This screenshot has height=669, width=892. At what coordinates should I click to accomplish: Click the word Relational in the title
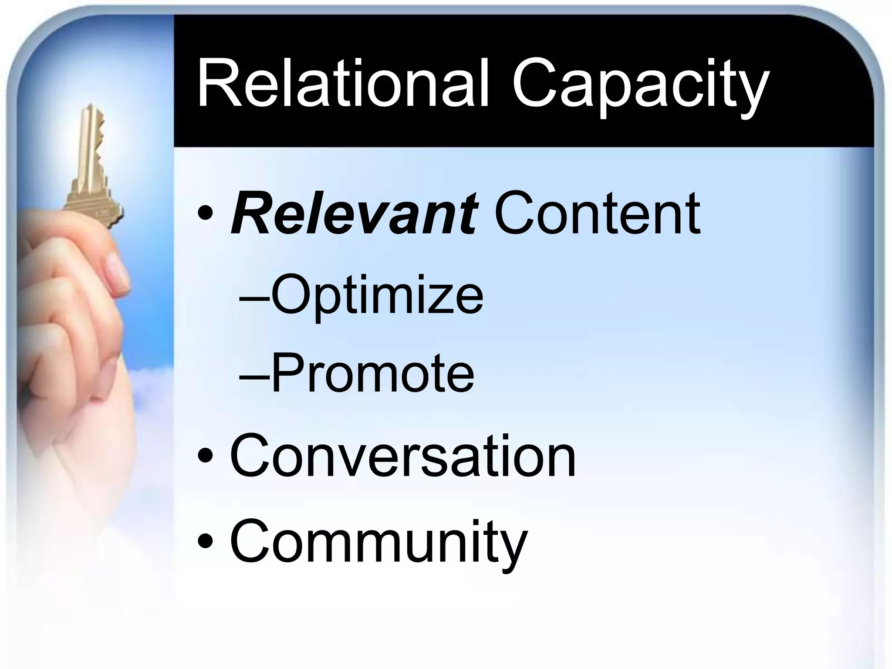(342, 86)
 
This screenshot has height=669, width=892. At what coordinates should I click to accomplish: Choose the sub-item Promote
(372, 373)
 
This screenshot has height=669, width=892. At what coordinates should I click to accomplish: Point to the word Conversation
(403, 456)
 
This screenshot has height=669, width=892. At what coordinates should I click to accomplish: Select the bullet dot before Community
(205, 541)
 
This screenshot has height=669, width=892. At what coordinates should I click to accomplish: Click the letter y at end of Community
(513, 548)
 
